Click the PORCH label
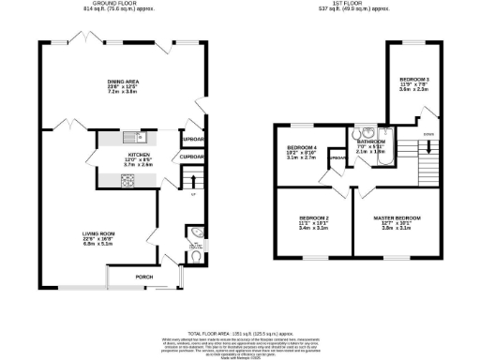(x=144, y=277)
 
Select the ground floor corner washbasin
(x=192, y=232)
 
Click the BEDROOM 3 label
(x=414, y=78)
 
